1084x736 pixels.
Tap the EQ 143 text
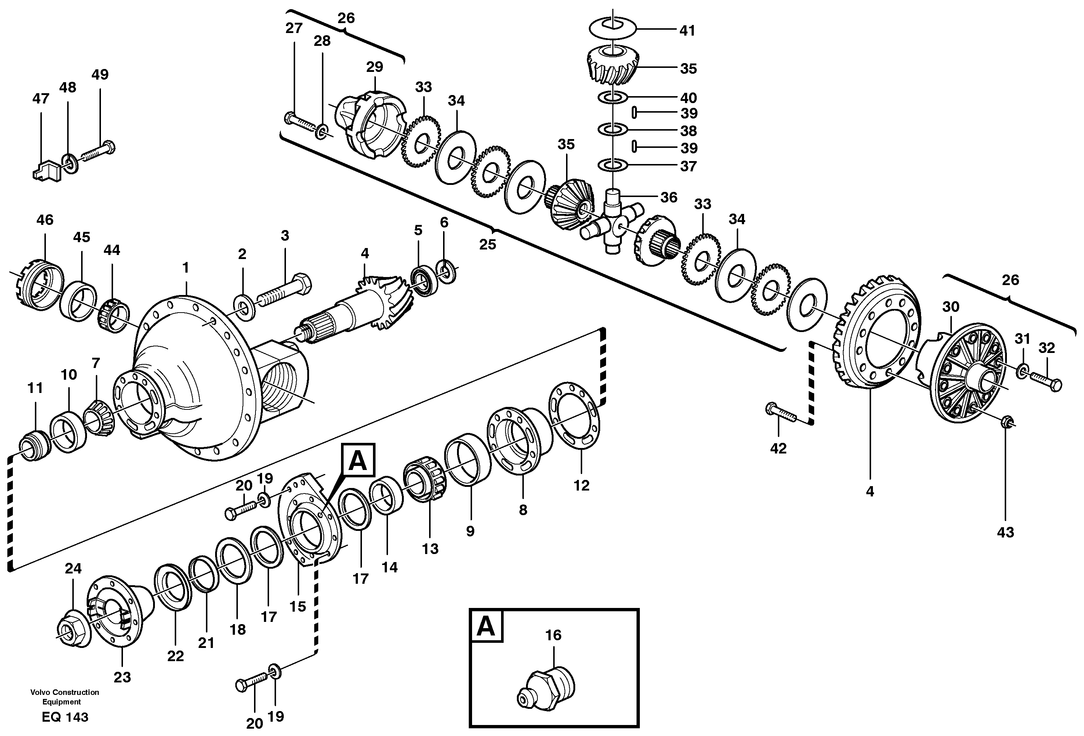click(x=65, y=717)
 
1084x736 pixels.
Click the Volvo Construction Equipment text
click(x=65, y=697)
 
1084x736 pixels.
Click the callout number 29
click(x=374, y=67)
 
